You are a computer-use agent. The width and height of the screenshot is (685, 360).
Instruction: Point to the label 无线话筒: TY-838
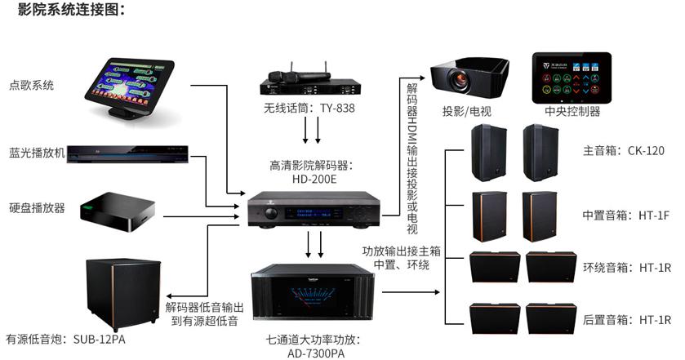tap(303, 108)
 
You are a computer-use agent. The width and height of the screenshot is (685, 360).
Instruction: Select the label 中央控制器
tap(572, 112)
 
